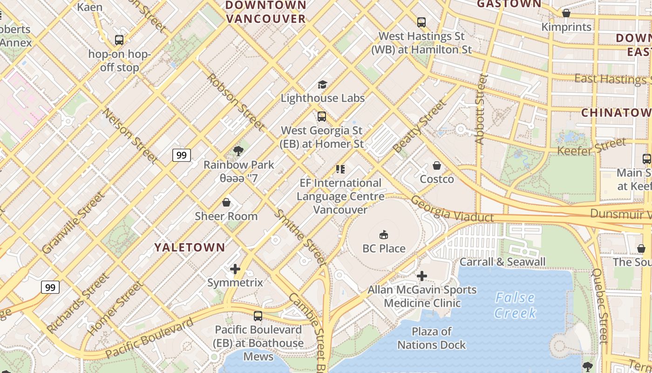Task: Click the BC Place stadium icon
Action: tap(384, 235)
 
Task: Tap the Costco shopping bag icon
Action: tap(437, 166)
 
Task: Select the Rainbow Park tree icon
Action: tap(238, 151)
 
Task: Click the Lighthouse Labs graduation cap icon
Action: tap(322, 84)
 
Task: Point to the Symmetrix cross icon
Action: tap(235, 269)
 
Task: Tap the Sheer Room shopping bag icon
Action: tap(226, 202)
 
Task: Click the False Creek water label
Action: tap(515, 305)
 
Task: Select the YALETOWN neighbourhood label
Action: tap(190, 248)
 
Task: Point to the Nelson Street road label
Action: tap(130, 136)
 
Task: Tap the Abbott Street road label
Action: tap(481, 109)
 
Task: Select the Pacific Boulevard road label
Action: tap(149, 338)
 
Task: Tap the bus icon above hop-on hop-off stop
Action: tap(119, 40)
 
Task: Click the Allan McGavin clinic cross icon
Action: tap(422, 276)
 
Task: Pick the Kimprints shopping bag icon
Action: tap(566, 13)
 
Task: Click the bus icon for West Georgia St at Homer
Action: tap(322, 117)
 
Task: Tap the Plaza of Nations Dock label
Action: tap(431, 338)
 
